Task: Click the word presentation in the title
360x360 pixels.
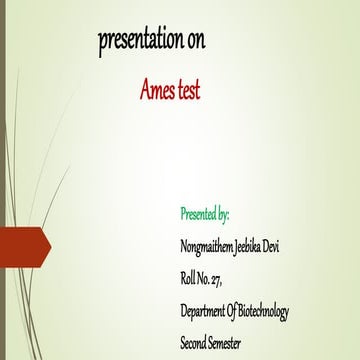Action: click(140, 41)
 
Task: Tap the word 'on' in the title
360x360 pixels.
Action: click(197, 41)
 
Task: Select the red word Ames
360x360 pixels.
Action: click(157, 91)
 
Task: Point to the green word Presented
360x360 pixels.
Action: click(198, 214)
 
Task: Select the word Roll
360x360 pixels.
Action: click(188, 279)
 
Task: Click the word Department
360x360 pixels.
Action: click(203, 312)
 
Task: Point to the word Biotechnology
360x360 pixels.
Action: click(265, 312)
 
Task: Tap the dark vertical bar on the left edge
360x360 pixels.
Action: click(2, 180)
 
